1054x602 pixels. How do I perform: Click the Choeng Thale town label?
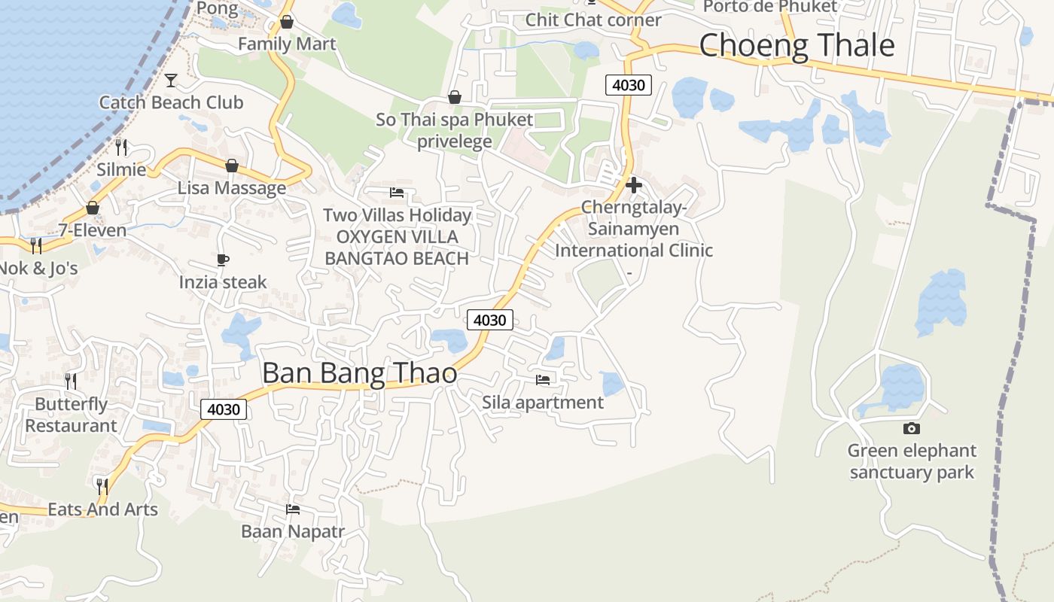click(797, 45)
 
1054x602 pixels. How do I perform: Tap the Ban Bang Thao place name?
click(359, 373)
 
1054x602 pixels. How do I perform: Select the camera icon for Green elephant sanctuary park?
click(911, 428)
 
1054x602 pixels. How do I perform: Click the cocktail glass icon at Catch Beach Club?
click(171, 80)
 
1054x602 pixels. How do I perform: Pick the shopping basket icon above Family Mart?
click(286, 22)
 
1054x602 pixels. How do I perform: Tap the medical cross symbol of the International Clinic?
click(633, 185)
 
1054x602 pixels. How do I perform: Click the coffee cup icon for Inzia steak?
click(223, 260)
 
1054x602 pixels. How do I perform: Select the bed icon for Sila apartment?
click(542, 380)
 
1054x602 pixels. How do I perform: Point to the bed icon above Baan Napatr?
click(293, 509)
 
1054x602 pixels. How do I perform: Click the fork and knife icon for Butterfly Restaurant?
click(71, 382)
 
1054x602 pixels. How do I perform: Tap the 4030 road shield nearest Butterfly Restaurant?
click(224, 409)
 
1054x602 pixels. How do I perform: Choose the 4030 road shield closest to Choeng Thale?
click(628, 85)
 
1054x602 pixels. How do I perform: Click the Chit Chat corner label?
click(592, 20)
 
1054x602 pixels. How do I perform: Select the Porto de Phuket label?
click(769, 7)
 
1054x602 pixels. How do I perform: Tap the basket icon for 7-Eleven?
click(93, 208)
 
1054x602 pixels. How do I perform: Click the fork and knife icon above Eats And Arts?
click(102, 487)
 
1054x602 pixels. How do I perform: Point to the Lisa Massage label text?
click(232, 188)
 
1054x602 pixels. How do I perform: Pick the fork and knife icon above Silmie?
click(121, 147)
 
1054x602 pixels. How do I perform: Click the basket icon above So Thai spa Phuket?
click(454, 97)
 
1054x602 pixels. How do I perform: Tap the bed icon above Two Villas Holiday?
click(397, 193)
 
